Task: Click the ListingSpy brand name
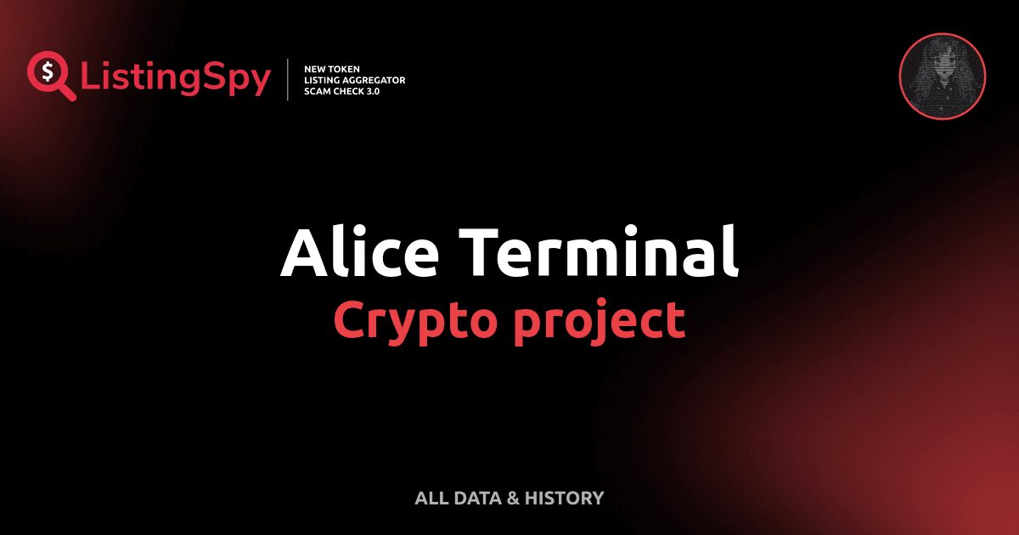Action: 176,79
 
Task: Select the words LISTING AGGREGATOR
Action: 354,80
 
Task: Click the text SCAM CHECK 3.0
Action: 341,91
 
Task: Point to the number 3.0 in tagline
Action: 371,91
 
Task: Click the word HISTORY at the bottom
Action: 564,498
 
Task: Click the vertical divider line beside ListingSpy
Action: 289,80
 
